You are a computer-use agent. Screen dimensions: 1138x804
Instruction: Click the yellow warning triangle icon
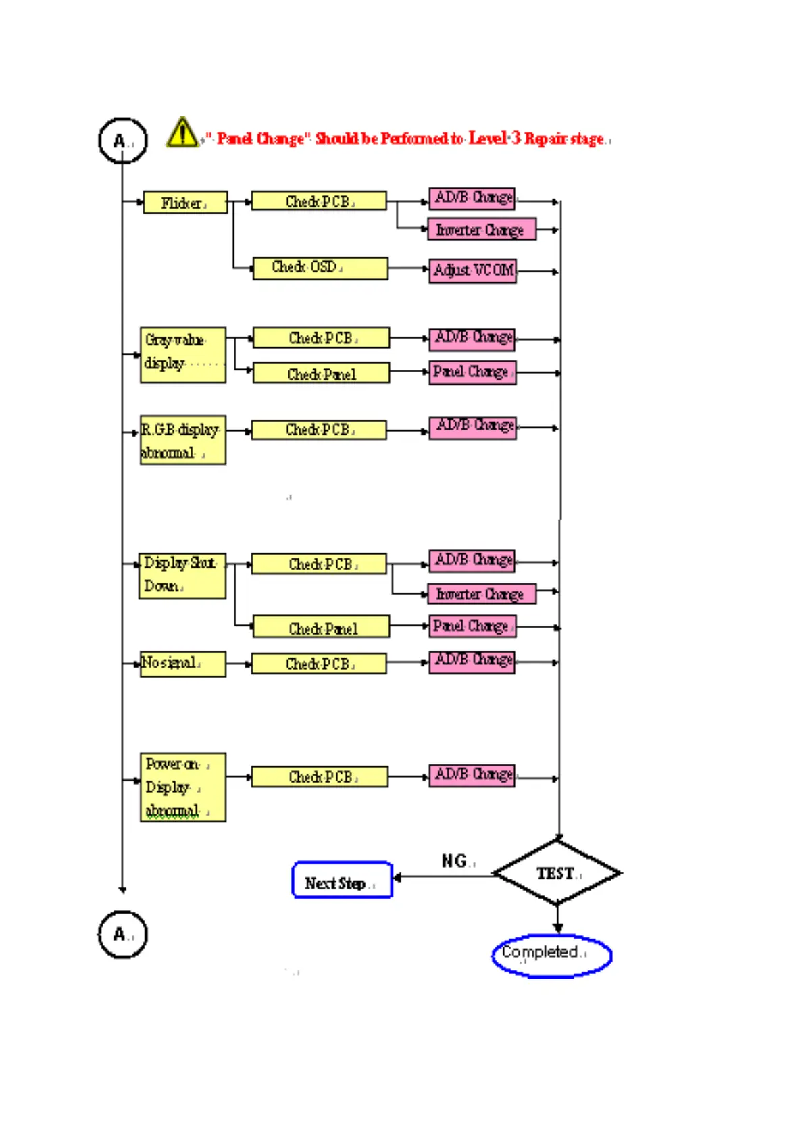pyautogui.click(x=182, y=132)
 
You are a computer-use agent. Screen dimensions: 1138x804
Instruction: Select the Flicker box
pyautogui.click(x=185, y=203)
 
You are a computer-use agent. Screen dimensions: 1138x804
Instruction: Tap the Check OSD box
pyautogui.click(x=320, y=268)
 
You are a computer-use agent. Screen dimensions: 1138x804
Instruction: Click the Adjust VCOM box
pyautogui.click(x=473, y=271)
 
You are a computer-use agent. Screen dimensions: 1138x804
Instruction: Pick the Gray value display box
pyautogui.click(x=183, y=355)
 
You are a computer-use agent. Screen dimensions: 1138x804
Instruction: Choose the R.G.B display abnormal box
pyautogui.click(x=182, y=440)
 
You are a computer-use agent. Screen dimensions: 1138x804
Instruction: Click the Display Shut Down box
pyautogui.click(x=182, y=576)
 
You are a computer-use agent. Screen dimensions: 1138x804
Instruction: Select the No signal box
pyautogui.click(x=182, y=664)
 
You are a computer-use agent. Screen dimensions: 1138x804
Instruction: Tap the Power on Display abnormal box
pyautogui.click(x=182, y=787)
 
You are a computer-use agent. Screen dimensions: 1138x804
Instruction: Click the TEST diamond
pyautogui.click(x=557, y=873)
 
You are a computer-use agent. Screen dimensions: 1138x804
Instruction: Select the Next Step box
pyautogui.click(x=342, y=881)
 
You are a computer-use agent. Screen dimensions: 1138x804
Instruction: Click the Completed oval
pyautogui.click(x=551, y=956)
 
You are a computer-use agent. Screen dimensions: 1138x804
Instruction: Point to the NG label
pyautogui.click(x=455, y=861)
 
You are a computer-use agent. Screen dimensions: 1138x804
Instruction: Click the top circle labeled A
pyautogui.click(x=122, y=141)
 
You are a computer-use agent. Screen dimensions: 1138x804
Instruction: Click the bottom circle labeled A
pyautogui.click(x=122, y=935)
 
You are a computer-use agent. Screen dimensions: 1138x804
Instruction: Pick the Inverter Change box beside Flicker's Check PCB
pyautogui.click(x=482, y=230)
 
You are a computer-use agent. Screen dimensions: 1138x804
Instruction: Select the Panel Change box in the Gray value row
pyautogui.click(x=472, y=372)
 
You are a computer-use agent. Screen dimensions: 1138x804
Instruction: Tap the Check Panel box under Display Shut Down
pyautogui.click(x=321, y=627)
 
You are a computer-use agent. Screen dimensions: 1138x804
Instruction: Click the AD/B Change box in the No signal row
pyautogui.click(x=472, y=661)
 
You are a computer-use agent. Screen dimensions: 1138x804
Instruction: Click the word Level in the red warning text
pyautogui.click(x=488, y=139)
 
